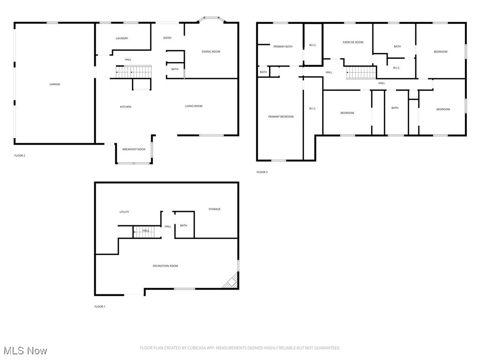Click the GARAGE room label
click(x=55, y=84)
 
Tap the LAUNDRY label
click(x=122, y=38)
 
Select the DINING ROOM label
click(x=211, y=52)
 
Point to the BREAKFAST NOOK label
click(x=134, y=149)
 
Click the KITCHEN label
click(x=125, y=107)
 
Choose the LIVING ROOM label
click(x=193, y=106)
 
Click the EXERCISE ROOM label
click(x=353, y=42)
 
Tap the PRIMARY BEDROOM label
click(x=281, y=116)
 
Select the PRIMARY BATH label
click(x=283, y=46)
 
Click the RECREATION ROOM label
click(x=165, y=266)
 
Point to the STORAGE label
click(x=214, y=209)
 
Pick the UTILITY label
click(x=124, y=212)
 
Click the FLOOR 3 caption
click(x=262, y=172)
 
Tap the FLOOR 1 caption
click(x=99, y=306)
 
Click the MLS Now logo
click(x=24, y=351)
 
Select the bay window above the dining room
click(x=210, y=20)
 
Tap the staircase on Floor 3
click(x=361, y=73)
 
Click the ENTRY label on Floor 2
click(x=167, y=38)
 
